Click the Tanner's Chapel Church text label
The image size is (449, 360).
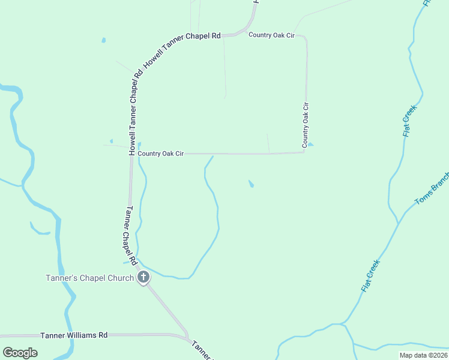tap(90, 278)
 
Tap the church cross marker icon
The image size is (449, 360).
tap(143, 277)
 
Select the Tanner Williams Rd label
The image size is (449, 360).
tap(74, 335)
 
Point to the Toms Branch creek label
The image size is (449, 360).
tap(432, 189)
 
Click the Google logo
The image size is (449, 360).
tap(20, 352)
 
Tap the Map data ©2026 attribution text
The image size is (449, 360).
tap(423, 355)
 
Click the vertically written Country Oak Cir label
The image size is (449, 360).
tap(306, 125)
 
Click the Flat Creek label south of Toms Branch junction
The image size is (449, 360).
tap(370, 276)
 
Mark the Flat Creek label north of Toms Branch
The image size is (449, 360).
tap(409, 121)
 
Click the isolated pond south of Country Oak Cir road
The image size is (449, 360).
tap(251, 184)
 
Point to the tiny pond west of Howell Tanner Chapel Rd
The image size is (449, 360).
tap(104, 40)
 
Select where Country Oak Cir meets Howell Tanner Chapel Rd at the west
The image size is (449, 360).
tap(131, 154)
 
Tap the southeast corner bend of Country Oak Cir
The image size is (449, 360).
tap(304, 152)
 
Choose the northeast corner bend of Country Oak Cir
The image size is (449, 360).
tap(306, 38)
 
